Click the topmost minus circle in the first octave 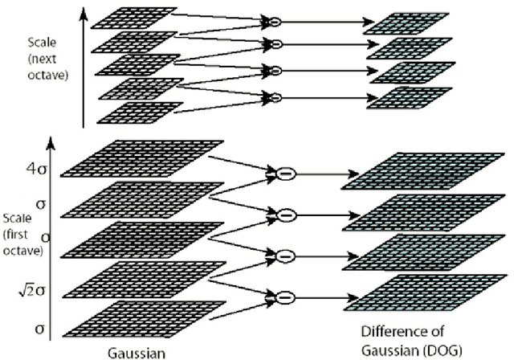coord(284,173)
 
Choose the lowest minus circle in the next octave coord(275,96)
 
